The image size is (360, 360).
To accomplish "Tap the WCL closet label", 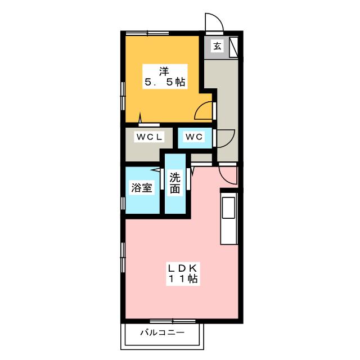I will click(148, 137).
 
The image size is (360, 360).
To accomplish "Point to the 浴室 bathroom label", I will click(141, 188).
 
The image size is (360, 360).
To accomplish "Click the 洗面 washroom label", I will click(174, 183).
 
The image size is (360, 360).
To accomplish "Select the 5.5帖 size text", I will click(164, 82).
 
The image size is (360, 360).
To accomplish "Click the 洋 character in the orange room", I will click(164, 71).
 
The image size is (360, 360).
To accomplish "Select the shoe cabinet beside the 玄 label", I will click(233, 46).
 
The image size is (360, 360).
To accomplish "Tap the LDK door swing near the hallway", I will click(228, 174).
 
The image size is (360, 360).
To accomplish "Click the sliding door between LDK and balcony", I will click(165, 321).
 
